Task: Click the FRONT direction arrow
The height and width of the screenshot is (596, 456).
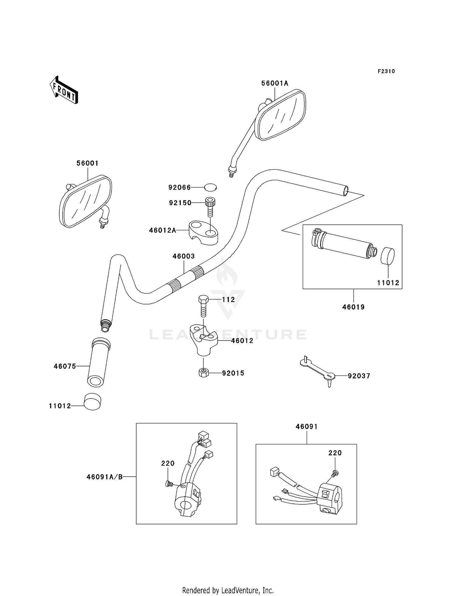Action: coord(64,90)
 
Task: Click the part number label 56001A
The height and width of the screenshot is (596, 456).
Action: coord(275,83)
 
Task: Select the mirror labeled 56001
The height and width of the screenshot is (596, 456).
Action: coord(85,201)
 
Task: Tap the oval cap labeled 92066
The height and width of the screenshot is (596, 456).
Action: coord(210,187)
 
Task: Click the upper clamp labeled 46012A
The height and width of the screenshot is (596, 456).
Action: coord(203,233)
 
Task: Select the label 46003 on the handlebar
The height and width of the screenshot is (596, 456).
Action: coord(184,256)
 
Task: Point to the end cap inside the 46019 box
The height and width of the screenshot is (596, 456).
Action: coord(388,256)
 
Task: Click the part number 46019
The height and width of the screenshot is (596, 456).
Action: coord(353,307)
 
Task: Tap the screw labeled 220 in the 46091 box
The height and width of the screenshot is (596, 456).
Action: coord(336,473)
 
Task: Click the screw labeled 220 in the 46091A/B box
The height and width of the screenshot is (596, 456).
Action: coord(169,484)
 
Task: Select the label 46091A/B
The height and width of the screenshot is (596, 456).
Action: coord(105,477)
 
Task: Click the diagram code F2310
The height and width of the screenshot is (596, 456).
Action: coord(386,71)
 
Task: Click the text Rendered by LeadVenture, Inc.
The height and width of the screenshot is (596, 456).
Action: coord(228,590)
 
